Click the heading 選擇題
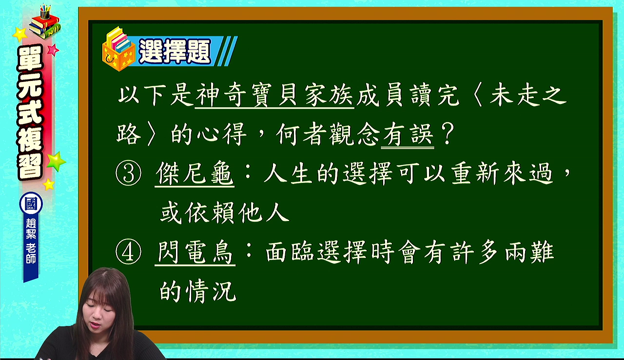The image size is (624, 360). tap(175, 52)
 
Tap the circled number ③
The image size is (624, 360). tap(128, 174)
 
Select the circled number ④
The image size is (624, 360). tap(128, 252)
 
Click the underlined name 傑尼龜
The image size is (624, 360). tap(195, 174)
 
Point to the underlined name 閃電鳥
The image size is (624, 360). tap(195, 253)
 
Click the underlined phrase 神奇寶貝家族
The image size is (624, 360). tap(274, 96)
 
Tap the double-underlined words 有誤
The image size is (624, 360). tap(408, 135)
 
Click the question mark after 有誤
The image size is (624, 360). tap(448, 134)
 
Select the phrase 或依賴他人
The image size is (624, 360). tap(225, 213)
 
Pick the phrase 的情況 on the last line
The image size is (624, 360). tap(198, 291)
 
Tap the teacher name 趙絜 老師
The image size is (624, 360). tap(31, 241)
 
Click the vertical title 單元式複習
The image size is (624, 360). tap(30, 112)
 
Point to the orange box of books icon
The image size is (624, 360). tap(118, 49)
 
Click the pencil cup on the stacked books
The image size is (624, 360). tap(45, 12)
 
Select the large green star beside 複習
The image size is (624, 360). tap(56, 161)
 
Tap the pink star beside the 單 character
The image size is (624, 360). tap(53, 50)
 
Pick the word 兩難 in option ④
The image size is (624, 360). tap(529, 252)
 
